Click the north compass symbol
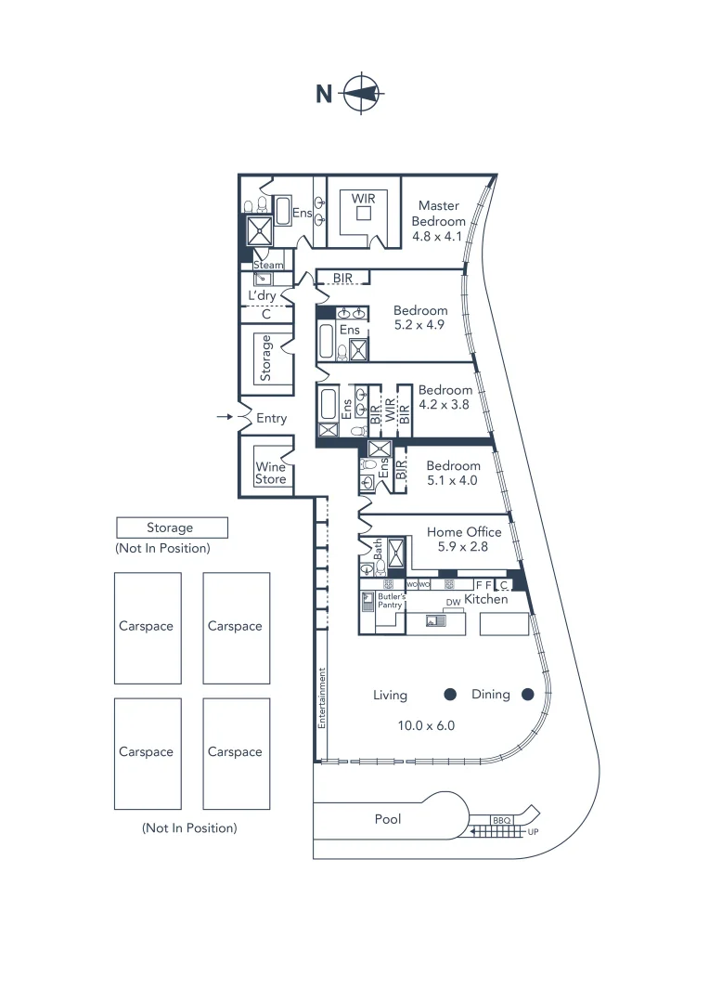[363, 94]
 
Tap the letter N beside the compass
[324, 94]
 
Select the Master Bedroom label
[439, 214]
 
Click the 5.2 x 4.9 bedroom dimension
[420, 326]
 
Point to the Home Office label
[464, 532]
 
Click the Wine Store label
[271, 474]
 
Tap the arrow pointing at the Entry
[224, 418]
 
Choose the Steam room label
[268, 265]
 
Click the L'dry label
[262, 295]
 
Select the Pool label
[388, 819]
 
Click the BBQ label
[502, 821]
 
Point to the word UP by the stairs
[533, 832]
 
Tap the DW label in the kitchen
[453, 603]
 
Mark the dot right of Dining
[528, 694]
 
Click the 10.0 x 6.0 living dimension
[427, 725]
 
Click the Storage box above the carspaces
[171, 528]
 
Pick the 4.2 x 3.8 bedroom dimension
[445, 405]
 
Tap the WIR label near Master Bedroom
[363, 198]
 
